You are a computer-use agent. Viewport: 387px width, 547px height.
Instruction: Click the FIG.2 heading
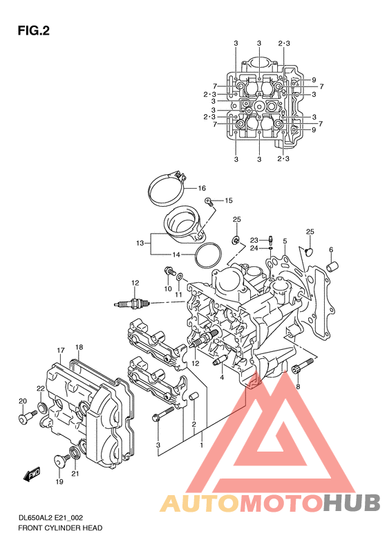point(33,31)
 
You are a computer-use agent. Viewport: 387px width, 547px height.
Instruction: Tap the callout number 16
point(202,188)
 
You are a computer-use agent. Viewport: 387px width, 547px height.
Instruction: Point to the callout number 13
point(140,243)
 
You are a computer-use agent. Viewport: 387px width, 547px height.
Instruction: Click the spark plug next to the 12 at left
point(132,303)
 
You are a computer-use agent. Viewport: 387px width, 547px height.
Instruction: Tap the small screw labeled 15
point(209,201)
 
